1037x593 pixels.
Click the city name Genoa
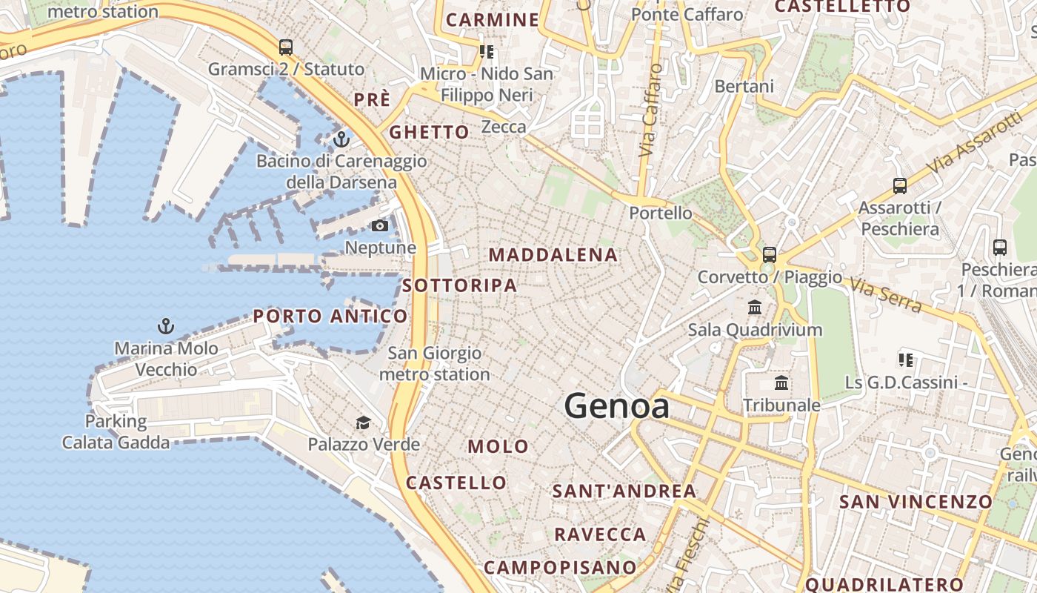point(616,406)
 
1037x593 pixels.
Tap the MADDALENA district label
point(553,255)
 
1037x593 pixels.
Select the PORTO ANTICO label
point(330,317)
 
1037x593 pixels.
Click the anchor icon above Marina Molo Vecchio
point(166,325)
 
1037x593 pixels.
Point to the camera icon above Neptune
point(380,225)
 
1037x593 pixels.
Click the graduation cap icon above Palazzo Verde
point(363,423)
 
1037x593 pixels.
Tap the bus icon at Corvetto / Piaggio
point(770,255)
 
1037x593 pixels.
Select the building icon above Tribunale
point(781,383)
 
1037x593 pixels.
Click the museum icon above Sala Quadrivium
point(755,307)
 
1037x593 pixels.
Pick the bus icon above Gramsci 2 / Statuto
point(286,47)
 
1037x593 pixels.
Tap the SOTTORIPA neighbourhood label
point(459,285)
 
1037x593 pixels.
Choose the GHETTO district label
point(429,133)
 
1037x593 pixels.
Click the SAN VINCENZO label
point(915,502)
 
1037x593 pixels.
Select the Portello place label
point(661,213)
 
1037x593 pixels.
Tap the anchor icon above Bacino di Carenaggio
point(341,139)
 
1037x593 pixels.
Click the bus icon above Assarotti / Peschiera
point(900,185)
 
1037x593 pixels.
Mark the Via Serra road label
point(886,295)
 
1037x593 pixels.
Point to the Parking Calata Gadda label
point(116,432)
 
